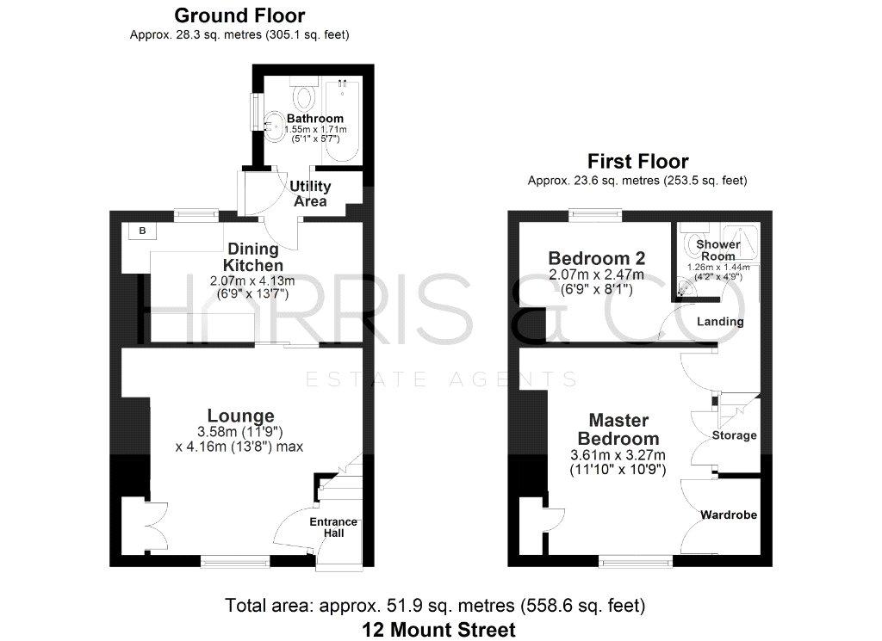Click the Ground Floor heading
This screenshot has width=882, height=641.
tap(239, 15)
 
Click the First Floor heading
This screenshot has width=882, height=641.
tap(638, 162)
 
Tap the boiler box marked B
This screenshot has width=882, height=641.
tap(142, 231)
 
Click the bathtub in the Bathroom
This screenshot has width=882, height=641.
tap(342, 120)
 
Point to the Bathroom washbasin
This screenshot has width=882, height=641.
tap(274, 126)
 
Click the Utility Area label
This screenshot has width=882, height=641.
tap(310, 194)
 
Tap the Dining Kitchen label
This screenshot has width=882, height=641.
tap(253, 256)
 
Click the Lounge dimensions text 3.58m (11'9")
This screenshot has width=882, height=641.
tap(239, 431)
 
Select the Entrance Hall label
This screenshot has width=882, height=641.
tap(333, 527)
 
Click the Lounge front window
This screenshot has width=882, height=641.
tap(235, 560)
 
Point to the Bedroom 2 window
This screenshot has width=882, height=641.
tap(595, 215)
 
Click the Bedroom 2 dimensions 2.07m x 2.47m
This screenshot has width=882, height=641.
tap(596, 274)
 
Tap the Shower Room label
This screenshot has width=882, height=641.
tap(717, 250)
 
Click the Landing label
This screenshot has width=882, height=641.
tap(720, 321)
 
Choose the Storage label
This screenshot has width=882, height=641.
tap(734, 435)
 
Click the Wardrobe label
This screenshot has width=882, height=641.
tap(729, 515)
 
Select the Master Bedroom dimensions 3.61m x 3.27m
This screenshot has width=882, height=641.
tap(618, 455)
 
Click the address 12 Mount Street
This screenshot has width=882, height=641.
tap(438, 630)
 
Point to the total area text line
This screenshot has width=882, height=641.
tap(435, 606)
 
